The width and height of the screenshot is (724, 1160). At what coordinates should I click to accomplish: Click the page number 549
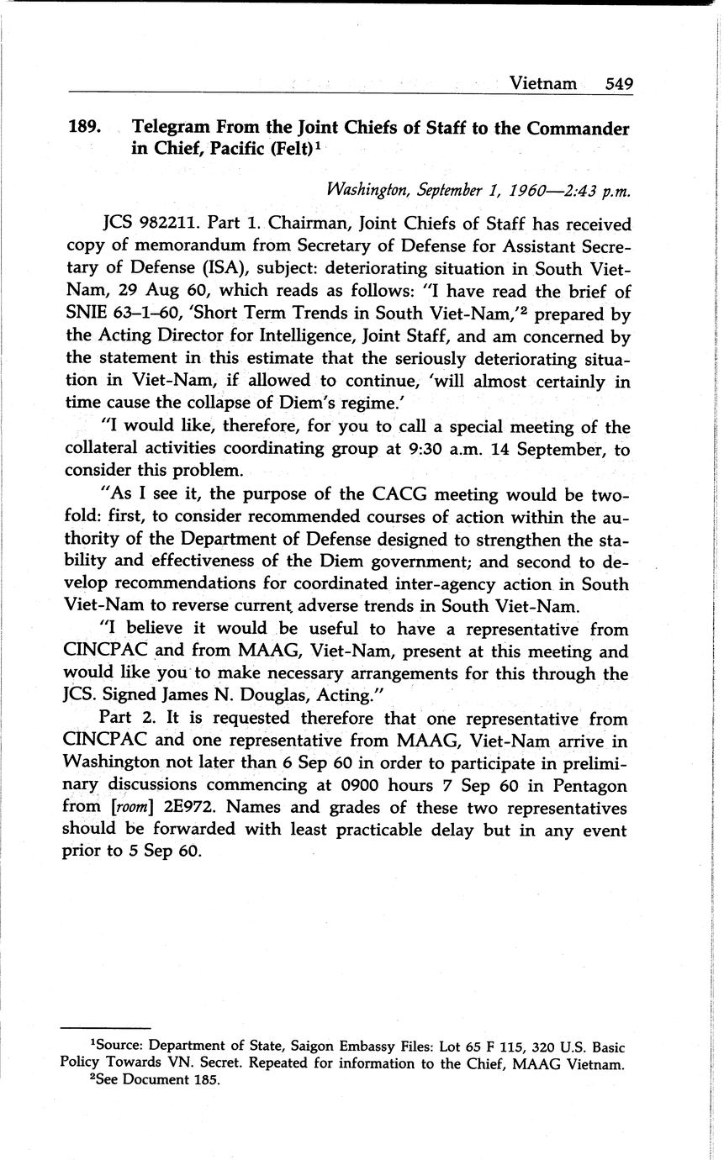[x=618, y=83]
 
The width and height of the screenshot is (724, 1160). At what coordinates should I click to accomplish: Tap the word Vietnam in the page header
[x=543, y=83]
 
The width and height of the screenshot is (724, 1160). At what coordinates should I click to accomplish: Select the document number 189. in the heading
[x=85, y=129]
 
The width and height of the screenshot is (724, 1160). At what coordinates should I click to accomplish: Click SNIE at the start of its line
[x=89, y=314]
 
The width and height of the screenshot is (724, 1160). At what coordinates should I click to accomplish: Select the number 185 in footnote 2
[x=205, y=1081]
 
